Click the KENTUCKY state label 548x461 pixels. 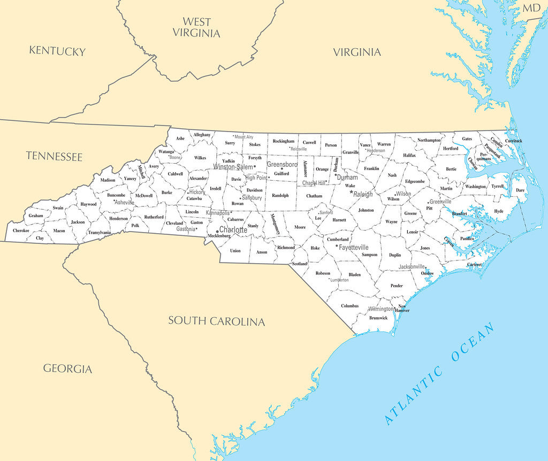57,51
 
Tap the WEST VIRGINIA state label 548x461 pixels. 196,27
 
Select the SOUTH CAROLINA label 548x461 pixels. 217,321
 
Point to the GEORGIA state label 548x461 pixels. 67,368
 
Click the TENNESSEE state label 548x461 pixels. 55,156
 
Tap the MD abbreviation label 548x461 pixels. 531,7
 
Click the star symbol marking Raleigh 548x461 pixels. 352,192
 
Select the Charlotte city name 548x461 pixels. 233,229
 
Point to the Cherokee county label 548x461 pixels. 21,231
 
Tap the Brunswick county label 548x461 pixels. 378,318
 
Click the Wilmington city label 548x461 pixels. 381,309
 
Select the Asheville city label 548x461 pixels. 125,203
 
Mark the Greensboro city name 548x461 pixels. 282,164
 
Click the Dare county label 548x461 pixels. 520,190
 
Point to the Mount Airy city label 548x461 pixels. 243,137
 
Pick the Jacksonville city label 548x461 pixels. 412,266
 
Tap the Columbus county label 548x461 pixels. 349,306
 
